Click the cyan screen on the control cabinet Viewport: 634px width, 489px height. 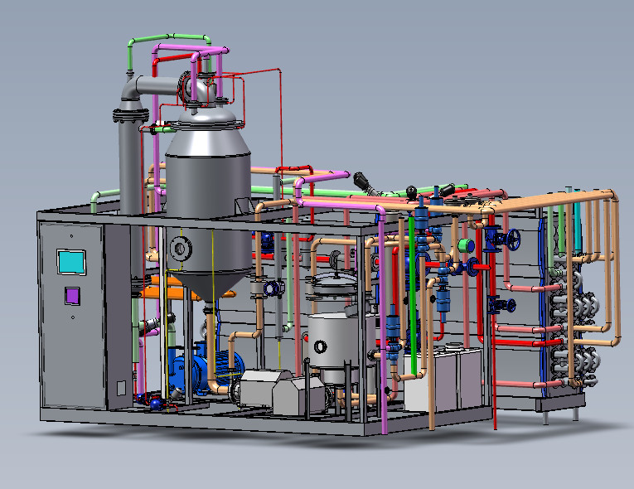pyautogui.click(x=70, y=261)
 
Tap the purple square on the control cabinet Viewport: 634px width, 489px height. pyautogui.click(x=72, y=294)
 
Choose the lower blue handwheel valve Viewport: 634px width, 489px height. pyautogui.click(x=499, y=303)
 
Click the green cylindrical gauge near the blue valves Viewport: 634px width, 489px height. pyautogui.click(x=465, y=244)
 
